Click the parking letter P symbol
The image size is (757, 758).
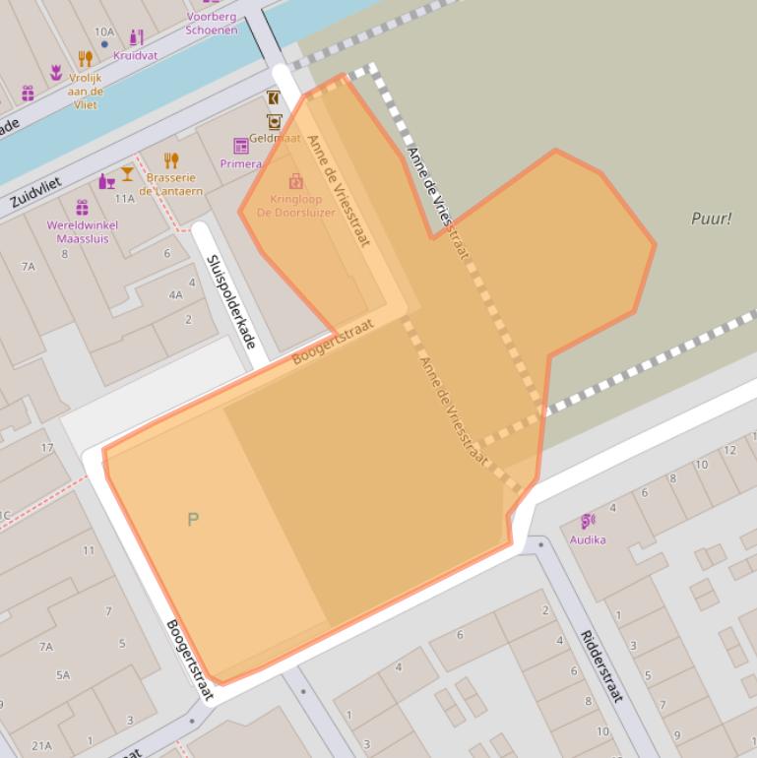pyautogui.click(x=193, y=519)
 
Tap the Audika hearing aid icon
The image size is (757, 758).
pyautogui.click(x=588, y=521)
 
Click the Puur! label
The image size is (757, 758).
pyautogui.click(x=711, y=219)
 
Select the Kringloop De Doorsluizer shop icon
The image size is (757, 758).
pyautogui.click(x=295, y=181)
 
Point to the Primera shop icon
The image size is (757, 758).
pyautogui.click(x=241, y=147)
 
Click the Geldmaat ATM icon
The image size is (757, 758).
pyautogui.click(x=274, y=122)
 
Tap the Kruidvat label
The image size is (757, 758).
pyautogui.click(x=135, y=55)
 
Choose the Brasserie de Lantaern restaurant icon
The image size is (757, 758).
pyautogui.click(x=171, y=160)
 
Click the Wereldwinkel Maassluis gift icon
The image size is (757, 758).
pyautogui.click(x=82, y=208)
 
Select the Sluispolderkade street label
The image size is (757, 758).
pyautogui.click(x=231, y=300)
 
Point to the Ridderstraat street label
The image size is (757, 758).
pyautogui.click(x=599, y=665)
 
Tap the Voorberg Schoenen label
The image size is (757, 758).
pyautogui.click(x=211, y=24)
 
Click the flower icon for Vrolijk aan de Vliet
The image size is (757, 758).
pyautogui.click(x=56, y=73)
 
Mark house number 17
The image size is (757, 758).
pyautogui.click(x=47, y=448)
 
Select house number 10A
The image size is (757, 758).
pyautogui.click(x=104, y=32)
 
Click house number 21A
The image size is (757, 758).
pyautogui.click(x=41, y=745)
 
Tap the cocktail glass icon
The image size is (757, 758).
pyautogui.click(x=127, y=174)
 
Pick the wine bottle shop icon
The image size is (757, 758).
pyautogui.click(x=106, y=181)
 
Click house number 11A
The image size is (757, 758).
pyautogui.click(x=124, y=198)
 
